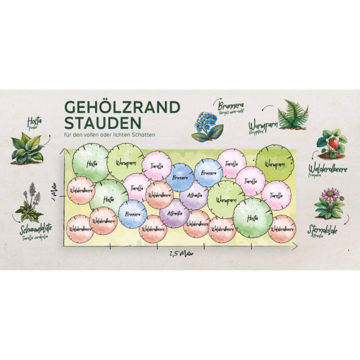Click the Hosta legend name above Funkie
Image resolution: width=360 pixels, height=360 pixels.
click(34, 121)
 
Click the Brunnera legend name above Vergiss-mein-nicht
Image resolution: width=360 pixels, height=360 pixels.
click(230, 105)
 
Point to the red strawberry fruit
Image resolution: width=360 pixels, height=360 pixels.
click(332, 144)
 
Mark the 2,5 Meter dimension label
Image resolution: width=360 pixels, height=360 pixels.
click(178, 253)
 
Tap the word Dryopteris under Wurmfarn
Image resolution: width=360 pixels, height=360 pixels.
click(257, 131)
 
